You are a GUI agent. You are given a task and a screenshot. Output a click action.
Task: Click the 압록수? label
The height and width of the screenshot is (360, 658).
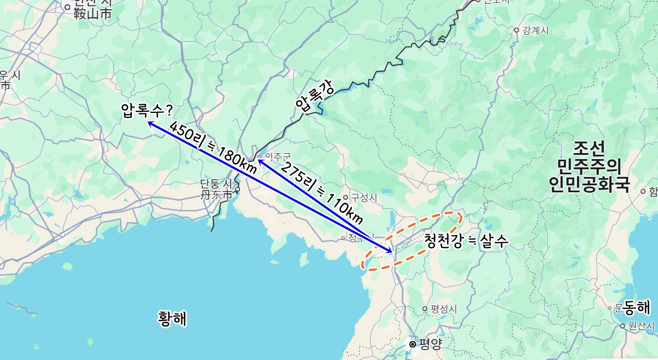pyautogui.click(x=147, y=111)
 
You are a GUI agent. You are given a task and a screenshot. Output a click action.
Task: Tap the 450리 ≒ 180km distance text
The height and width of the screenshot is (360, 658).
pyautogui.click(x=212, y=148)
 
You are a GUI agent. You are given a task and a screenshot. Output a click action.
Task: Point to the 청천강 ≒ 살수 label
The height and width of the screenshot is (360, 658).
pyautogui.click(x=465, y=241)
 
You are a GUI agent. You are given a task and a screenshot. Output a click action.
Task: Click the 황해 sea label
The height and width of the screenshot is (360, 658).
pyautogui.click(x=172, y=318)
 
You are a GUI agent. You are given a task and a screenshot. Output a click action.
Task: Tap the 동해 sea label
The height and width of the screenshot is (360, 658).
pyautogui.click(x=636, y=307)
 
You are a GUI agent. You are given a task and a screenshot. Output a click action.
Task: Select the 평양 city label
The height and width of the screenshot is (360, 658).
pyautogui.click(x=431, y=344)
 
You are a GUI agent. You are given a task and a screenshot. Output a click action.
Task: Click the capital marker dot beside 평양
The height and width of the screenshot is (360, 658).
pyautogui.click(x=413, y=344)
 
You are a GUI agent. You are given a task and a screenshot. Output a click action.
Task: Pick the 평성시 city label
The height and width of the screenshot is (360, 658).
pyautogui.click(x=444, y=308)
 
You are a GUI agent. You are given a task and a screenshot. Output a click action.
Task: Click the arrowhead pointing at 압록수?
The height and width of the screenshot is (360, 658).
pyautogui.click(x=150, y=123)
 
